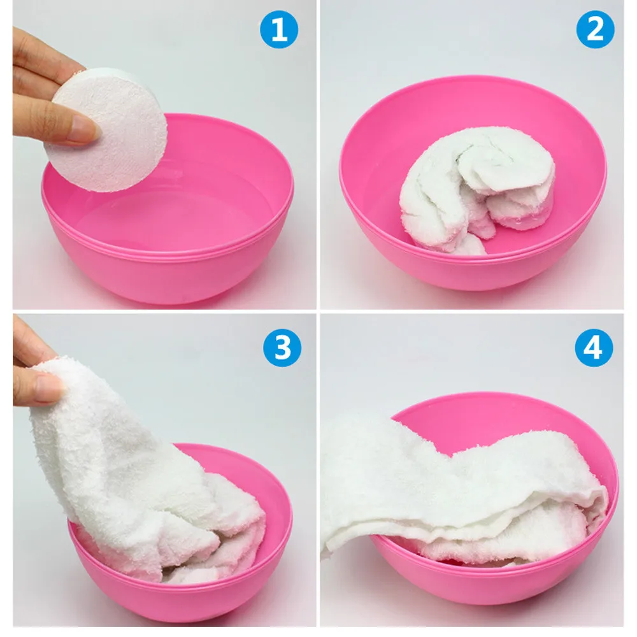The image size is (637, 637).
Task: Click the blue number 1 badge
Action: point(280,30)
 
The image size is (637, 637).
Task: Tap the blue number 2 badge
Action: point(595,30)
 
